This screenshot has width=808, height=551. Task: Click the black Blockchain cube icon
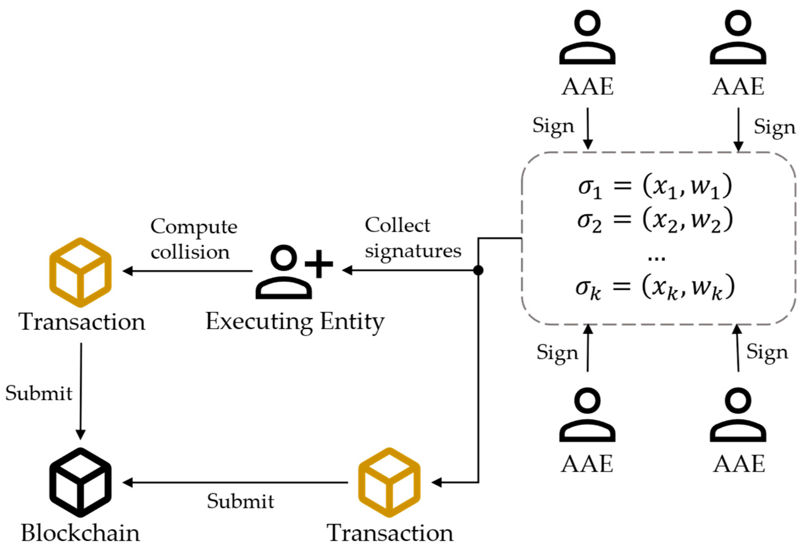(x=80, y=482)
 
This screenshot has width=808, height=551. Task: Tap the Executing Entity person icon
(x=283, y=273)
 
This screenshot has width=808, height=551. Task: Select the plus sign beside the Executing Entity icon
(x=318, y=264)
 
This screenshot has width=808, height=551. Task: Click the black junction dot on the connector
(x=478, y=270)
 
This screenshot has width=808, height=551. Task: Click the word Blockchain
(x=80, y=533)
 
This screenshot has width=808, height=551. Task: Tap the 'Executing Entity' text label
(x=295, y=322)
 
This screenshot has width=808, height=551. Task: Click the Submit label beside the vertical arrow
(x=39, y=393)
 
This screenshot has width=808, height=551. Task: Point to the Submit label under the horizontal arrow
(x=240, y=501)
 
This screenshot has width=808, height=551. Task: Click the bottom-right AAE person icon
(x=738, y=415)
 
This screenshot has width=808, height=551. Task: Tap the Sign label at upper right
(x=774, y=127)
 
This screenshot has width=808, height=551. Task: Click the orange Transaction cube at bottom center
(x=389, y=482)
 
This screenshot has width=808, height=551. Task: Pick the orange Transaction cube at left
(x=80, y=272)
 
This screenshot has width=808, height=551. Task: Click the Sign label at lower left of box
(x=557, y=352)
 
